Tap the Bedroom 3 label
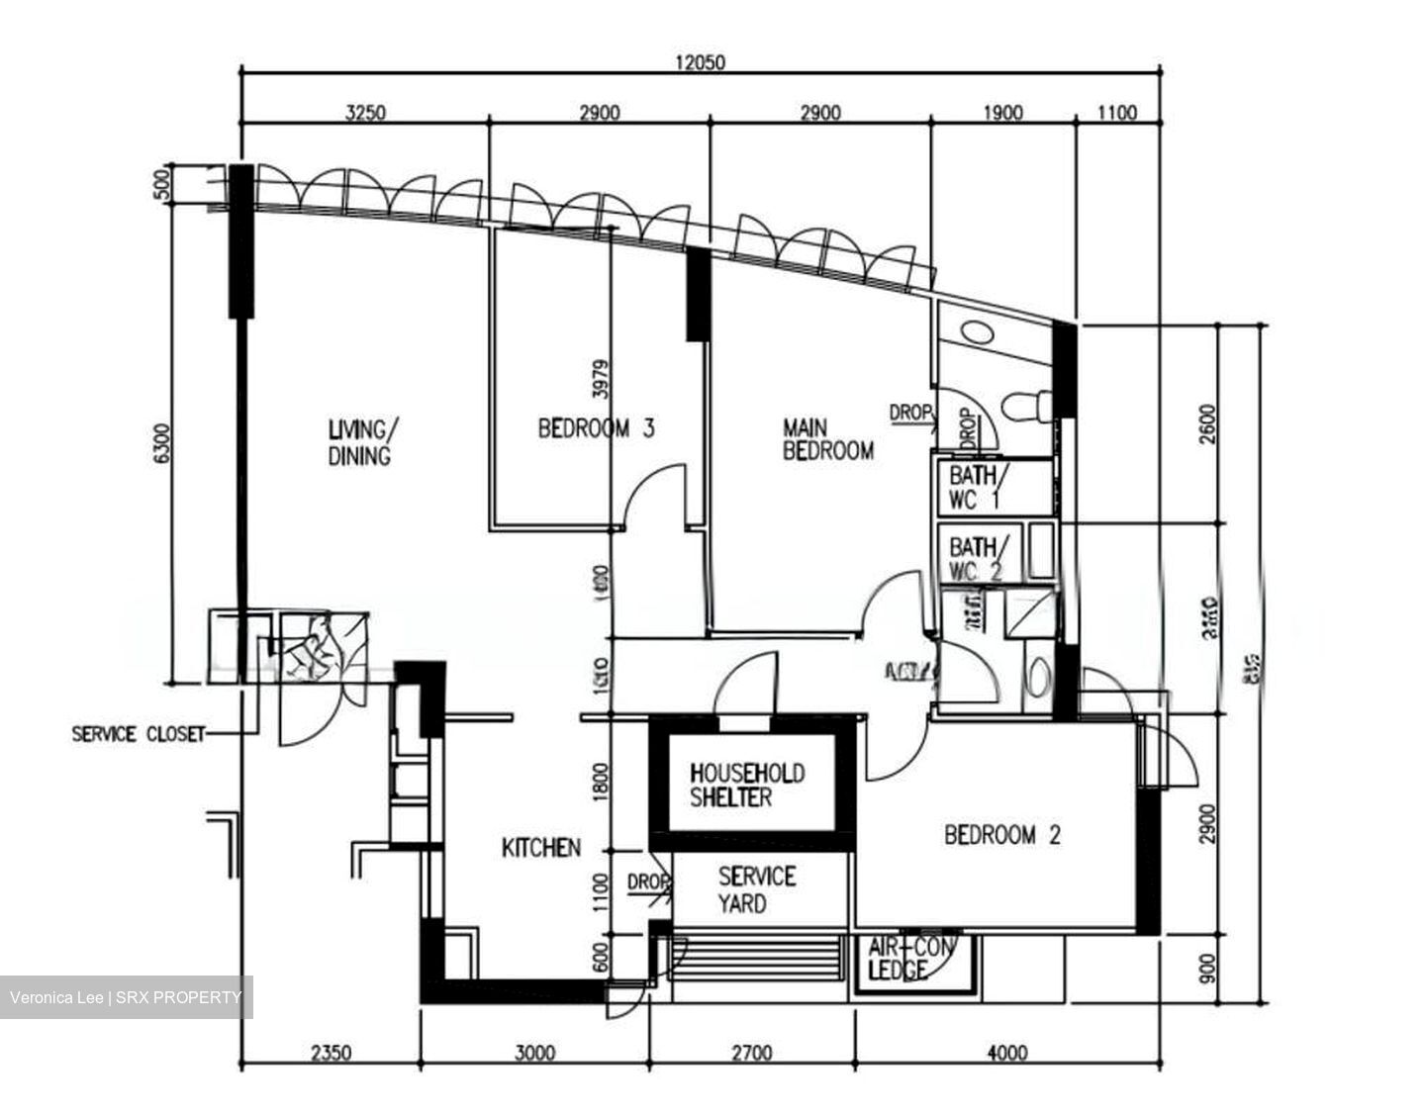[596, 428]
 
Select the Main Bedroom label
[827, 439]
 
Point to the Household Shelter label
[747, 785]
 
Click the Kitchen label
[540, 848]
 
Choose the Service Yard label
[756, 888]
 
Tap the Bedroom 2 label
[1001, 835]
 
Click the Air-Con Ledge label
[910, 959]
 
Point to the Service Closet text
[138, 734]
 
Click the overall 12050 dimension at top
[700, 62]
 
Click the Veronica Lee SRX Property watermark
[126, 997]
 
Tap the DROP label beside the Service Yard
[648, 882]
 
